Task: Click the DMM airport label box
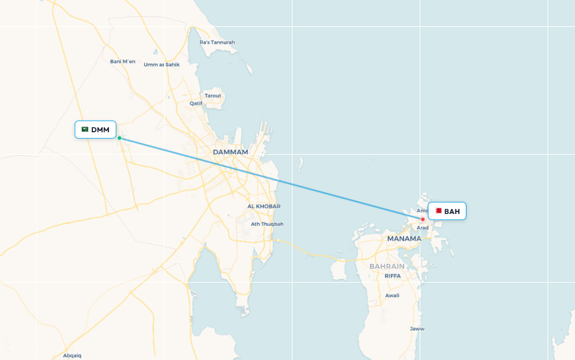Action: point(95,130)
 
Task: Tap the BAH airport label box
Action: point(447,212)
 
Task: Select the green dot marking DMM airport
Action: point(119,138)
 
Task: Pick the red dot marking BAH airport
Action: point(423,219)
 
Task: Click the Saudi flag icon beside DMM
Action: point(85,130)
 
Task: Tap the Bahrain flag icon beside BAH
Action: point(438,211)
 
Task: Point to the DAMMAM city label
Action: point(230,152)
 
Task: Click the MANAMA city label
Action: point(404,239)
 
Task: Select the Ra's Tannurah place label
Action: point(217,42)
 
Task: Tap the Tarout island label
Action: point(213,95)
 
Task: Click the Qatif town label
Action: point(196,104)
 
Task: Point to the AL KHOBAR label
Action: point(264,207)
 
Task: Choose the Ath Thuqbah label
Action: point(267,224)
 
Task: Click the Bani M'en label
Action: point(122,61)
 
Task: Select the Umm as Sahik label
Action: point(162,64)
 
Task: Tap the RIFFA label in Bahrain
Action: point(393,276)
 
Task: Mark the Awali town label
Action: point(392,295)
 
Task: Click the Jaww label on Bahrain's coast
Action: point(417,328)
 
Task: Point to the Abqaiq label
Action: point(72,355)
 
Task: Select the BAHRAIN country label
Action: point(387,266)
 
